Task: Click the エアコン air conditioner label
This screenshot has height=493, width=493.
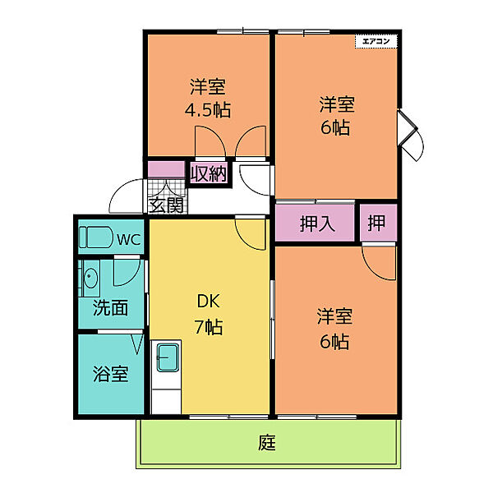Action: point(376,41)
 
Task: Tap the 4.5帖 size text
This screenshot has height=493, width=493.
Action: point(208,110)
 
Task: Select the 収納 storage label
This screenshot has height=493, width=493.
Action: point(209,173)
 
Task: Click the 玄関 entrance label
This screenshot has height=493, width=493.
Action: point(166,205)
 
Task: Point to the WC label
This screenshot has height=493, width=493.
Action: point(129,240)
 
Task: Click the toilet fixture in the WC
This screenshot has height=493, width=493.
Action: point(96,237)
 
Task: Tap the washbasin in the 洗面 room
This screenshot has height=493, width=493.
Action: point(90,278)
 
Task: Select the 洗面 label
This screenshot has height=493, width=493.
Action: point(110,307)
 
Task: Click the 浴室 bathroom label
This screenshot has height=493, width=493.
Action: point(110,374)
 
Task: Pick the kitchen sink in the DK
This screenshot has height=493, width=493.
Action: point(168,357)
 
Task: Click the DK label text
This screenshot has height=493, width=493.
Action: point(209,302)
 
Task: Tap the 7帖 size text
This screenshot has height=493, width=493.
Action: point(209,327)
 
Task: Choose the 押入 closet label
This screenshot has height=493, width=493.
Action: point(317,223)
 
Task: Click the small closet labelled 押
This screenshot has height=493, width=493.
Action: point(376,223)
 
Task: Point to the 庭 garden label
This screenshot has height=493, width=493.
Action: point(266,443)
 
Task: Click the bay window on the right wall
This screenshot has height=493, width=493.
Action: point(410,136)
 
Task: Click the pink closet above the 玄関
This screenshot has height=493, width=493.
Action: point(166,169)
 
